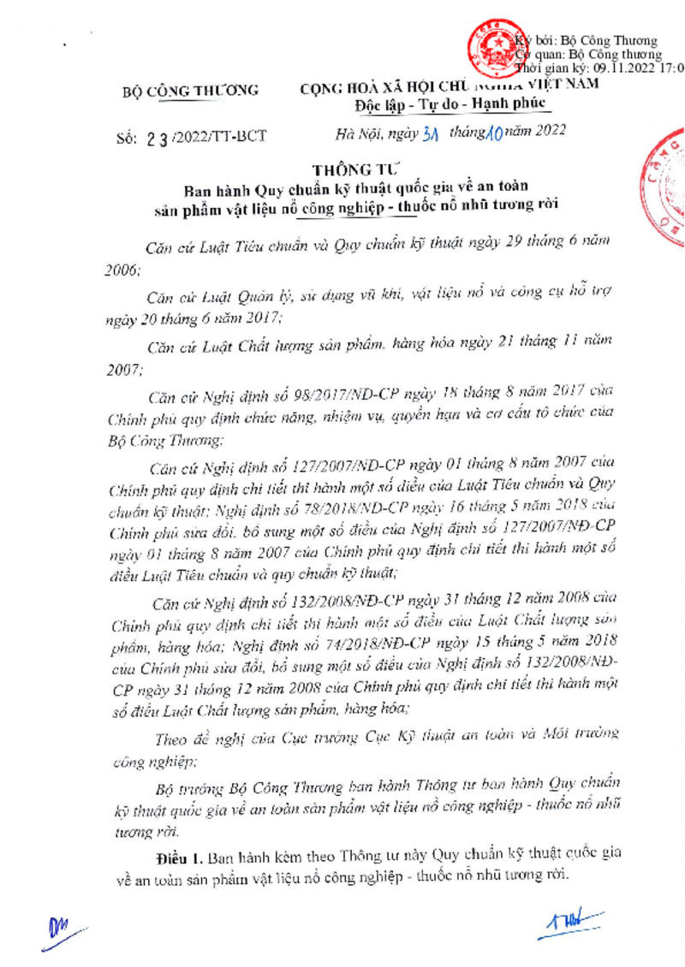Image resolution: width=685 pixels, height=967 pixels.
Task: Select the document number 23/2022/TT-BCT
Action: pos(200,136)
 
